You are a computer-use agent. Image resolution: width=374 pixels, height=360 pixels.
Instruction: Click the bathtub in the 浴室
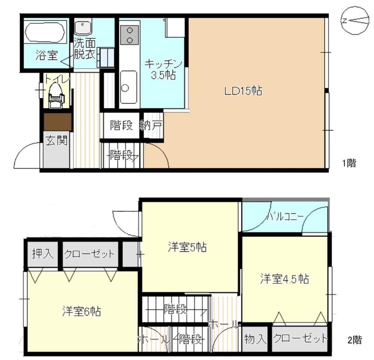pos(45,32)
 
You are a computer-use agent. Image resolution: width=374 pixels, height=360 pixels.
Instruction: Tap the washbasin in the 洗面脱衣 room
pos(83,28)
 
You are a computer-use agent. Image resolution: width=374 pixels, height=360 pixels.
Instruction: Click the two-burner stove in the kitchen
pos(129,35)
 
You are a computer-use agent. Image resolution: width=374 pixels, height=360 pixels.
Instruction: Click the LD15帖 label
pos(243,91)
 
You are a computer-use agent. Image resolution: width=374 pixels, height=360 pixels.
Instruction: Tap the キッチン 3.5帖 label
pos(163,70)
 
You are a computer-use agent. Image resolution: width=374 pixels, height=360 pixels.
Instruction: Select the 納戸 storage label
pos(151,125)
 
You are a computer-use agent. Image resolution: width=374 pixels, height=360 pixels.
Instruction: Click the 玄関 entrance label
pos(56,141)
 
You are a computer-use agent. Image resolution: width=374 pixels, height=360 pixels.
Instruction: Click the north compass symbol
pos(354,21)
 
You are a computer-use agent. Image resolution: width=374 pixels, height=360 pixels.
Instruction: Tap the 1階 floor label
pos(349,163)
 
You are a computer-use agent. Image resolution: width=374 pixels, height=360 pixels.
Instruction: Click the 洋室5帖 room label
pos(187,247)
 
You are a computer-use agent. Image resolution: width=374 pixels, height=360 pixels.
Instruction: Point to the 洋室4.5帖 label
pos(285,279)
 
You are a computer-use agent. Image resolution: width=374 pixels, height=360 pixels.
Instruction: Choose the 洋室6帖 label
pos(82,311)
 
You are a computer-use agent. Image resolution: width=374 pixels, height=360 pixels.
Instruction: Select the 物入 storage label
pos(255,339)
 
